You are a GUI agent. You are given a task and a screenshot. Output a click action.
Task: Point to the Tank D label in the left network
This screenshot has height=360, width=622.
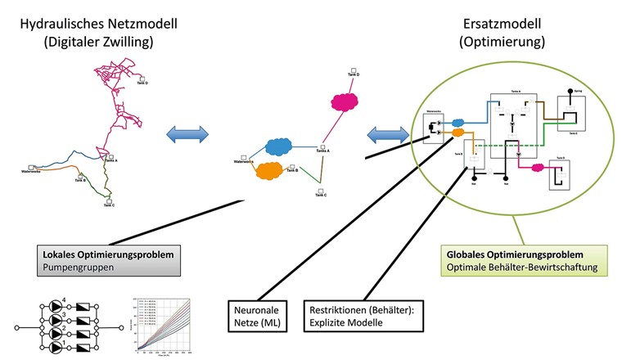click(142, 83)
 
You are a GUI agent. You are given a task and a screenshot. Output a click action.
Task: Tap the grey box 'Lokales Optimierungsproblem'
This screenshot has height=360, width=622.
click(107, 259)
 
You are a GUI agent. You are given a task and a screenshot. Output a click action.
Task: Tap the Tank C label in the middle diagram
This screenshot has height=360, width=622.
click(321, 195)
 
